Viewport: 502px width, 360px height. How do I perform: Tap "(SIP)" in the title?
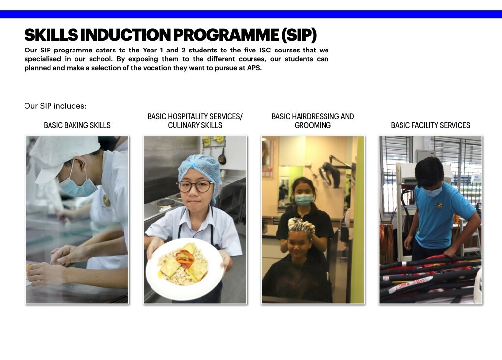click(x=300, y=35)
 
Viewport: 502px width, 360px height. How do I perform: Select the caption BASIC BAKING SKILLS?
click(x=77, y=125)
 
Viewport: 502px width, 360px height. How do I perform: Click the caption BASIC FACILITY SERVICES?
click(x=430, y=125)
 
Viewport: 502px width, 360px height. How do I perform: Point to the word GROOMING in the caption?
click(x=313, y=125)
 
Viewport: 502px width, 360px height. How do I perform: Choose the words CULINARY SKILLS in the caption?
click(x=195, y=125)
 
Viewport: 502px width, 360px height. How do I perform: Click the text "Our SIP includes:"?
click(x=55, y=106)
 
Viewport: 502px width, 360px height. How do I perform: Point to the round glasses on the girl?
click(x=195, y=186)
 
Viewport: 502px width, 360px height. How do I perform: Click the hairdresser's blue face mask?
click(x=303, y=200)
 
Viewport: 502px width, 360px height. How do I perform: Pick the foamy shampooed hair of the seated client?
click(x=301, y=226)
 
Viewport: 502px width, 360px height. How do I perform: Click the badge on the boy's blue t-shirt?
click(x=440, y=205)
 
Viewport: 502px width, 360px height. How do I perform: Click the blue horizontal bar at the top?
click(x=251, y=14)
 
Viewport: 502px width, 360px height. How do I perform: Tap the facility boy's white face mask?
click(x=432, y=192)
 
